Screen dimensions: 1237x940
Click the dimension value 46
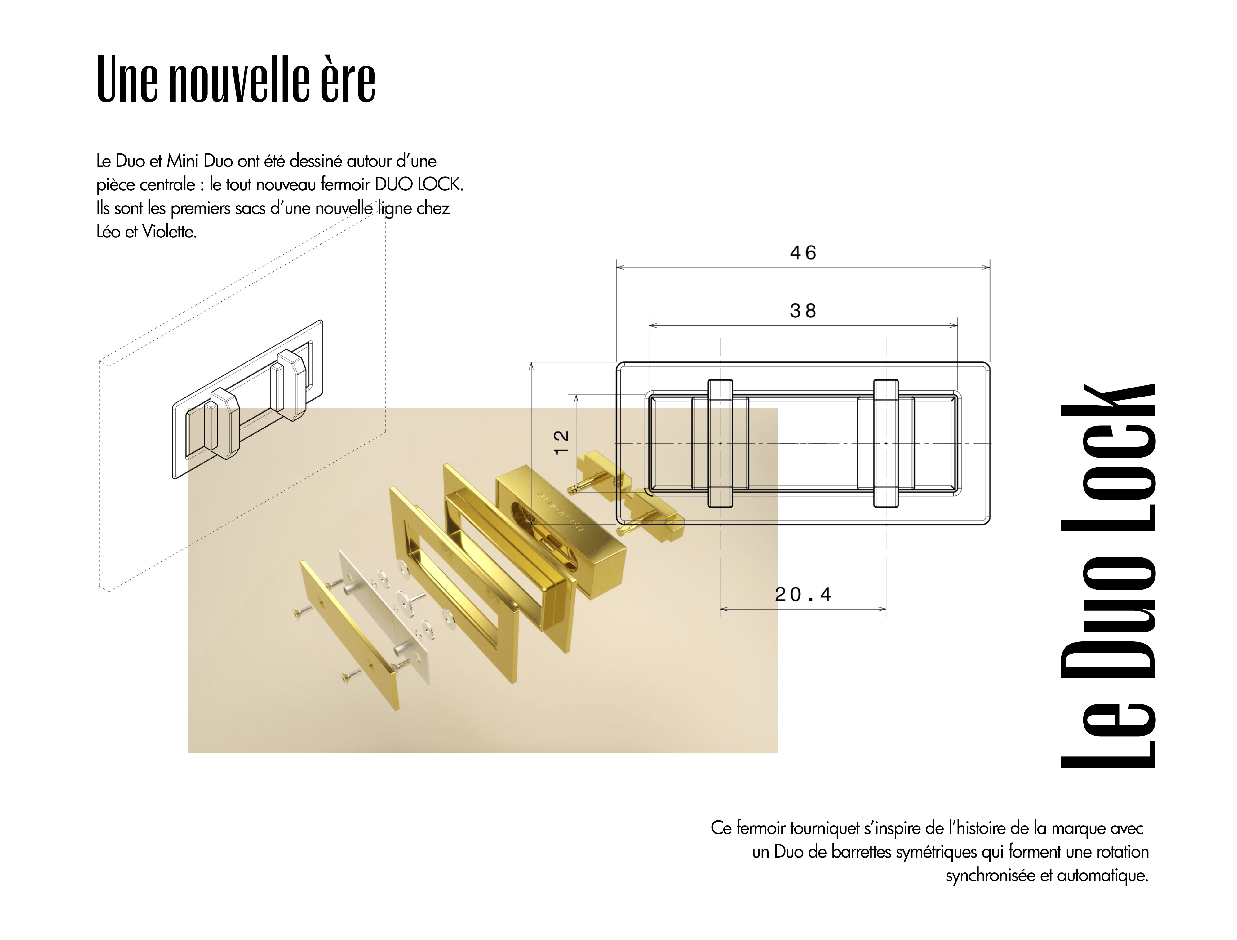click(x=803, y=253)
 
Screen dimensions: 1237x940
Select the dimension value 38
click(x=803, y=311)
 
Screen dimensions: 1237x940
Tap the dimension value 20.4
click(x=803, y=594)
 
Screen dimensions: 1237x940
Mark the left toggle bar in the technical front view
click(x=720, y=443)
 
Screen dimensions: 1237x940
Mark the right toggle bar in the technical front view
click(x=886, y=443)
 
